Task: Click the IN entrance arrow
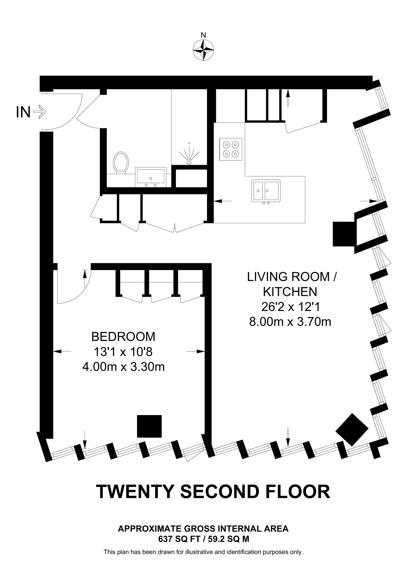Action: coord(40,112)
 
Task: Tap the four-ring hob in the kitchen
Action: coord(231,149)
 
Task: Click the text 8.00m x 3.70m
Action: coord(290,322)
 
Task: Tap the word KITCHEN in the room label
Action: coord(290,292)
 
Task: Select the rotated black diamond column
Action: coord(352,430)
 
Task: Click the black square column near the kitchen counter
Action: coord(343,234)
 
